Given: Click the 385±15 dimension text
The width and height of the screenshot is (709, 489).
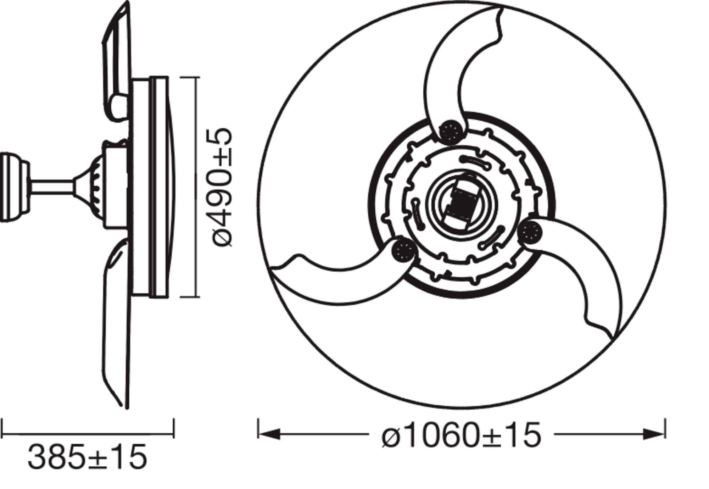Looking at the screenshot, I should [87, 457].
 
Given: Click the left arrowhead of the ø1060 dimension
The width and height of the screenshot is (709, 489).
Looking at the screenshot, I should [269, 433].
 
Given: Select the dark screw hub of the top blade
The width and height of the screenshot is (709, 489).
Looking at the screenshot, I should [451, 132].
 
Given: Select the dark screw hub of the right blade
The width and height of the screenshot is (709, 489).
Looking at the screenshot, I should [530, 233].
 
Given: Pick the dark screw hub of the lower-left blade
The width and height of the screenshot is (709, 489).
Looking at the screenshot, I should [403, 251].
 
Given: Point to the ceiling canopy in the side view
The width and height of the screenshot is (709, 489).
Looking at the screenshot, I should [13, 187].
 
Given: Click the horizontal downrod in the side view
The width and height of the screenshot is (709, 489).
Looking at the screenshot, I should [51, 187].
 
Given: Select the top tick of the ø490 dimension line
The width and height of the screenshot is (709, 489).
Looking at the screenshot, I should [190, 77].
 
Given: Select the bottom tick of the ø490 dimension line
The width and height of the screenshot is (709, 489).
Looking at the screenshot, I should [190, 297].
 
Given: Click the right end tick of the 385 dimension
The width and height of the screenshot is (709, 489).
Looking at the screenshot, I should [174, 428].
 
